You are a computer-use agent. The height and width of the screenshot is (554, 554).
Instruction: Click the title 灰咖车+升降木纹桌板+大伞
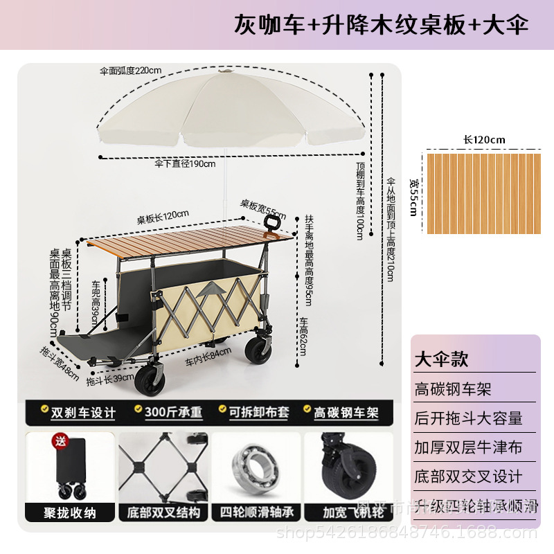coord(381,25)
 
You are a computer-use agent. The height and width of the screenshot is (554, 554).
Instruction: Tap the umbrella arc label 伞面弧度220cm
coord(130,70)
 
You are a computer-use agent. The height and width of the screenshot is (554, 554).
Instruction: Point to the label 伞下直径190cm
coord(185,164)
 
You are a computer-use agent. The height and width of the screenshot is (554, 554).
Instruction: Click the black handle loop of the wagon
coord(273,223)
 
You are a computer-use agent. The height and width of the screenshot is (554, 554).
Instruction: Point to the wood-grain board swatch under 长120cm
coord(483,181)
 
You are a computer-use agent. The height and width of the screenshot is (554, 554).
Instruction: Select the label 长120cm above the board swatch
coord(484,139)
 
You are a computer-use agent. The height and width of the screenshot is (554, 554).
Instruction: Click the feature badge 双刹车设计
coord(77,412)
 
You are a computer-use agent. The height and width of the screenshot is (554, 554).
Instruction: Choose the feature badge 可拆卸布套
coord(257,412)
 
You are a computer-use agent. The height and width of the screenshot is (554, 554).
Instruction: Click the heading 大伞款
coord(441,359)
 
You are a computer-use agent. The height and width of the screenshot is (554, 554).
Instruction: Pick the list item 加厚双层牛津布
coord(469,447)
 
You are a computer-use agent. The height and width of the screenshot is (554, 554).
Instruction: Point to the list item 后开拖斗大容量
coord(469,418)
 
